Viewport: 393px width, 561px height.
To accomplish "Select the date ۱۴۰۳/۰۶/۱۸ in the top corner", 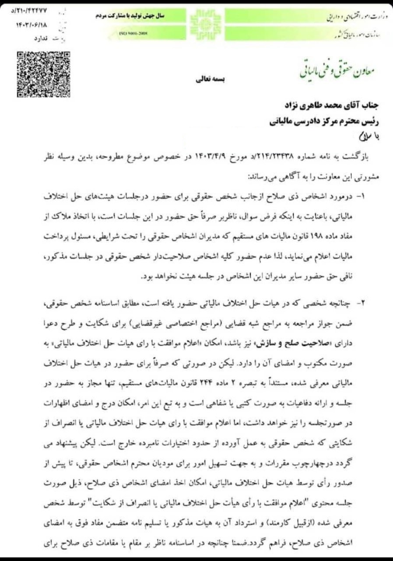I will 22,25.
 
